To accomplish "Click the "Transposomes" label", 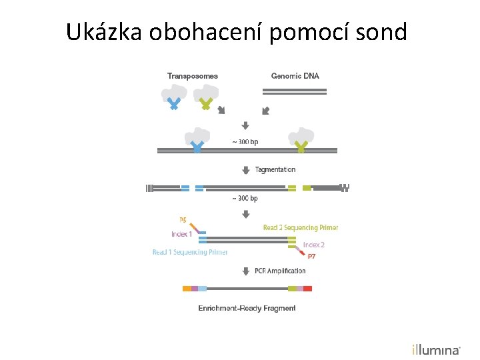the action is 192,76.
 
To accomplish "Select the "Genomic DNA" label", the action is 295,76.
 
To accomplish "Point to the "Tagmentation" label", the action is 275,170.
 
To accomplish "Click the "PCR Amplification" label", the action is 280,271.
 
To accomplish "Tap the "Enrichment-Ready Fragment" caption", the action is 247,308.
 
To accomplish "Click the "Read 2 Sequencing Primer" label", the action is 300,228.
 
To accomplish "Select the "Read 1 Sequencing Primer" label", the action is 190,252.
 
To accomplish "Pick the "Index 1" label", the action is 181,234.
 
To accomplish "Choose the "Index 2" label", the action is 314,245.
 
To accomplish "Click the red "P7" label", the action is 311,256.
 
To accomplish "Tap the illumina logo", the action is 436,349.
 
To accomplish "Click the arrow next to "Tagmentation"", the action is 245,170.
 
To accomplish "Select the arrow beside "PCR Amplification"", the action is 245,271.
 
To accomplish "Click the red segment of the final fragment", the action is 307,289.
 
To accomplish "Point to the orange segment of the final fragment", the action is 187,289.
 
